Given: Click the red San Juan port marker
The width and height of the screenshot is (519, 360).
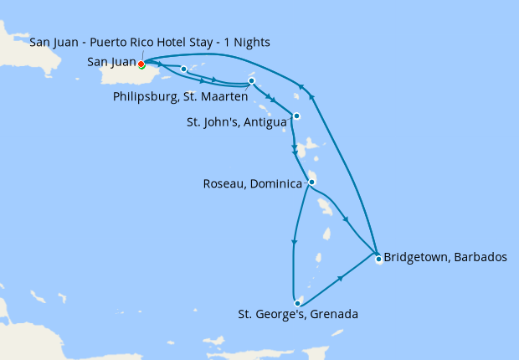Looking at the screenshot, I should click(x=141, y=64).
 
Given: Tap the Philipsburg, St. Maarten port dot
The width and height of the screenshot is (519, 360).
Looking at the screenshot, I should click(x=251, y=81).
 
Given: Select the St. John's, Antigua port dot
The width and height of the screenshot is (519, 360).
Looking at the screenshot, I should click(x=296, y=116).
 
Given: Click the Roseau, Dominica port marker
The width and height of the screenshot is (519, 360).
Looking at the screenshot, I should click(x=311, y=182).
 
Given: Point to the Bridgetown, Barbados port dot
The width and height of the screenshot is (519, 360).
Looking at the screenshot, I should click(x=378, y=259).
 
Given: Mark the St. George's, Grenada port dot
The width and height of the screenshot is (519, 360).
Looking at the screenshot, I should click(x=297, y=303).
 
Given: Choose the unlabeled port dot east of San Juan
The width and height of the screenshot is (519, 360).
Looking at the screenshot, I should click(x=183, y=69).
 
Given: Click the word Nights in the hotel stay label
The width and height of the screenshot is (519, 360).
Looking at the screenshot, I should click(x=254, y=42).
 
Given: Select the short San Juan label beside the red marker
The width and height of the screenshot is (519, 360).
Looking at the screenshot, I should click(x=112, y=62).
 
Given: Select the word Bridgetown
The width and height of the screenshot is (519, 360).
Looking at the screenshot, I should click(x=414, y=257).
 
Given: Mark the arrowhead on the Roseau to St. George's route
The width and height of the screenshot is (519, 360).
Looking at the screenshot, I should click(x=293, y=244).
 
